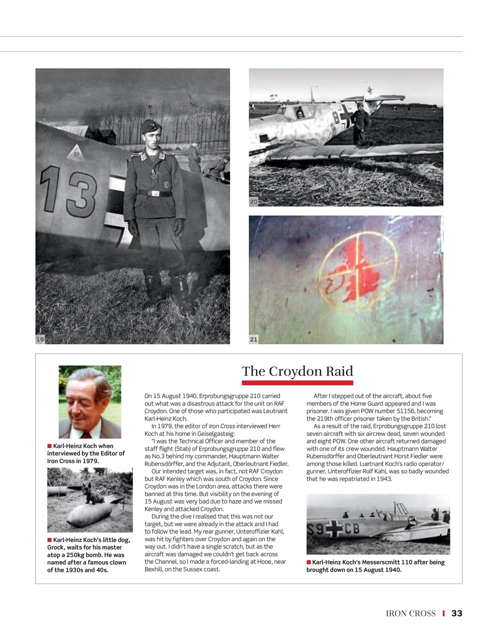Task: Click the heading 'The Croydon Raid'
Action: [297, 371]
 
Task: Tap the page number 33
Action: [456, 613]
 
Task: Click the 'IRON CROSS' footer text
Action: [410, 613]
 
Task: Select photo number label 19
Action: [40, 339]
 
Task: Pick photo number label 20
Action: [253, 202]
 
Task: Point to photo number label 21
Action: [253, 339]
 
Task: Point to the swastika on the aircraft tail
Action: [369, 91]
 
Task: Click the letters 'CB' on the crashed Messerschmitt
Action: [351, 529]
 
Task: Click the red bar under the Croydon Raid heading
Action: [297, 383]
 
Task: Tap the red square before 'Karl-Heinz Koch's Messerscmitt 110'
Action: [309, 562]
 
